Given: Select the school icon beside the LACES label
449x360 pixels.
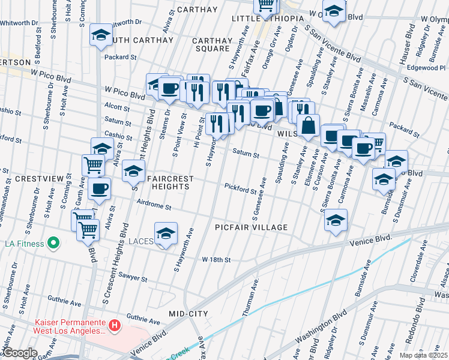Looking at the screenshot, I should [166, 234].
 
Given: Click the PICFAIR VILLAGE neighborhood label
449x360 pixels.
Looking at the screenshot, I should [252, 228].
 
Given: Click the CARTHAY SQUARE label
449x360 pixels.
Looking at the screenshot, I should [212, 45].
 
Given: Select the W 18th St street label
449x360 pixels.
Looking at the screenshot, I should [217, 260].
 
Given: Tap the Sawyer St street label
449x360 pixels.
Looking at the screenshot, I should [133, 279].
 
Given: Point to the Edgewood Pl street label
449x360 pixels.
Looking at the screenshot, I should [424, 68].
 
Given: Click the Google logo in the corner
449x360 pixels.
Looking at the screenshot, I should [19, 353].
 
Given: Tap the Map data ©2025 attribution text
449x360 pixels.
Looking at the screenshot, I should [423, 355].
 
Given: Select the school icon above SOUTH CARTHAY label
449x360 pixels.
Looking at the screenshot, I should [101, 35].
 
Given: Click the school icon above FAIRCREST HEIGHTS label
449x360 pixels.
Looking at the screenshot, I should [133, 171].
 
